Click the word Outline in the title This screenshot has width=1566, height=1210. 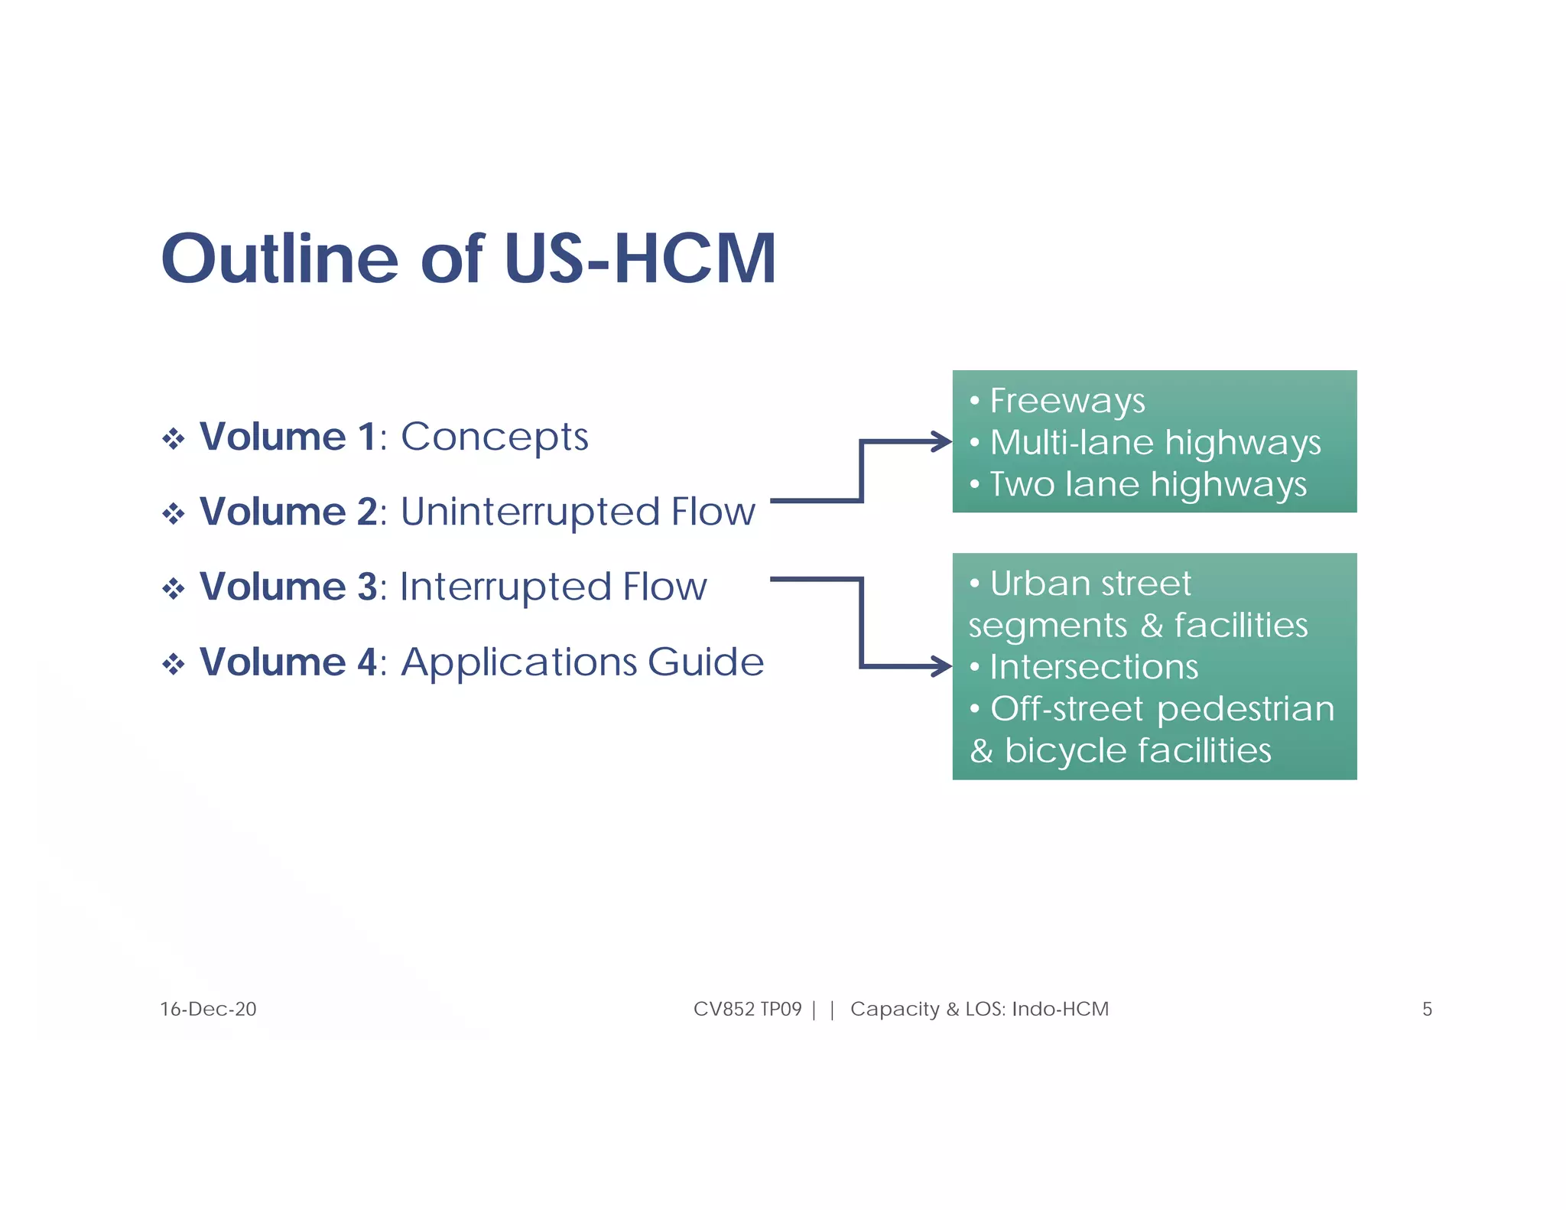click(x=280, y=259)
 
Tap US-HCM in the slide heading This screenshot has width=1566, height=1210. click(x=640, y=259)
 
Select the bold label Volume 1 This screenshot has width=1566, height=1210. click(x=288, y=437)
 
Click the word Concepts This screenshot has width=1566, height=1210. click(x=495, y=438)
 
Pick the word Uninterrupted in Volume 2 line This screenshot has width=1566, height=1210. click(x=529, y=512)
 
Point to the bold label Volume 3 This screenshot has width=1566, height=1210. click(x=288, y=587)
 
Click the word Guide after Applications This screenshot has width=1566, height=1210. click(x=705, y=662)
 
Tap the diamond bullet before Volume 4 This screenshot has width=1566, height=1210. click(x=174, y=663)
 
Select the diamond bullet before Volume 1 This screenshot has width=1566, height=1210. click(x=174, y=439)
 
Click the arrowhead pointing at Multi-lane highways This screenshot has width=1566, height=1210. click(x=942, y=441)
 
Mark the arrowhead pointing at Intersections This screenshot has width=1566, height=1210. click(x=942, y=666)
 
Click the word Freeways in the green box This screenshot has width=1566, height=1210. click(x=1067, y=401)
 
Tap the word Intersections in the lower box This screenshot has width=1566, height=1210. click(x=1093, y=667)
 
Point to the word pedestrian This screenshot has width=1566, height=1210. click(x=1246, y=709)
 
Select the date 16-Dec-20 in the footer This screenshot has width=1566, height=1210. click(x=208, y=1009)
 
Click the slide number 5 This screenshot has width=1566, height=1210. click(x=1426, y=1009)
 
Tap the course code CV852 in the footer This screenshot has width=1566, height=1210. click(x=723, y=1009)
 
